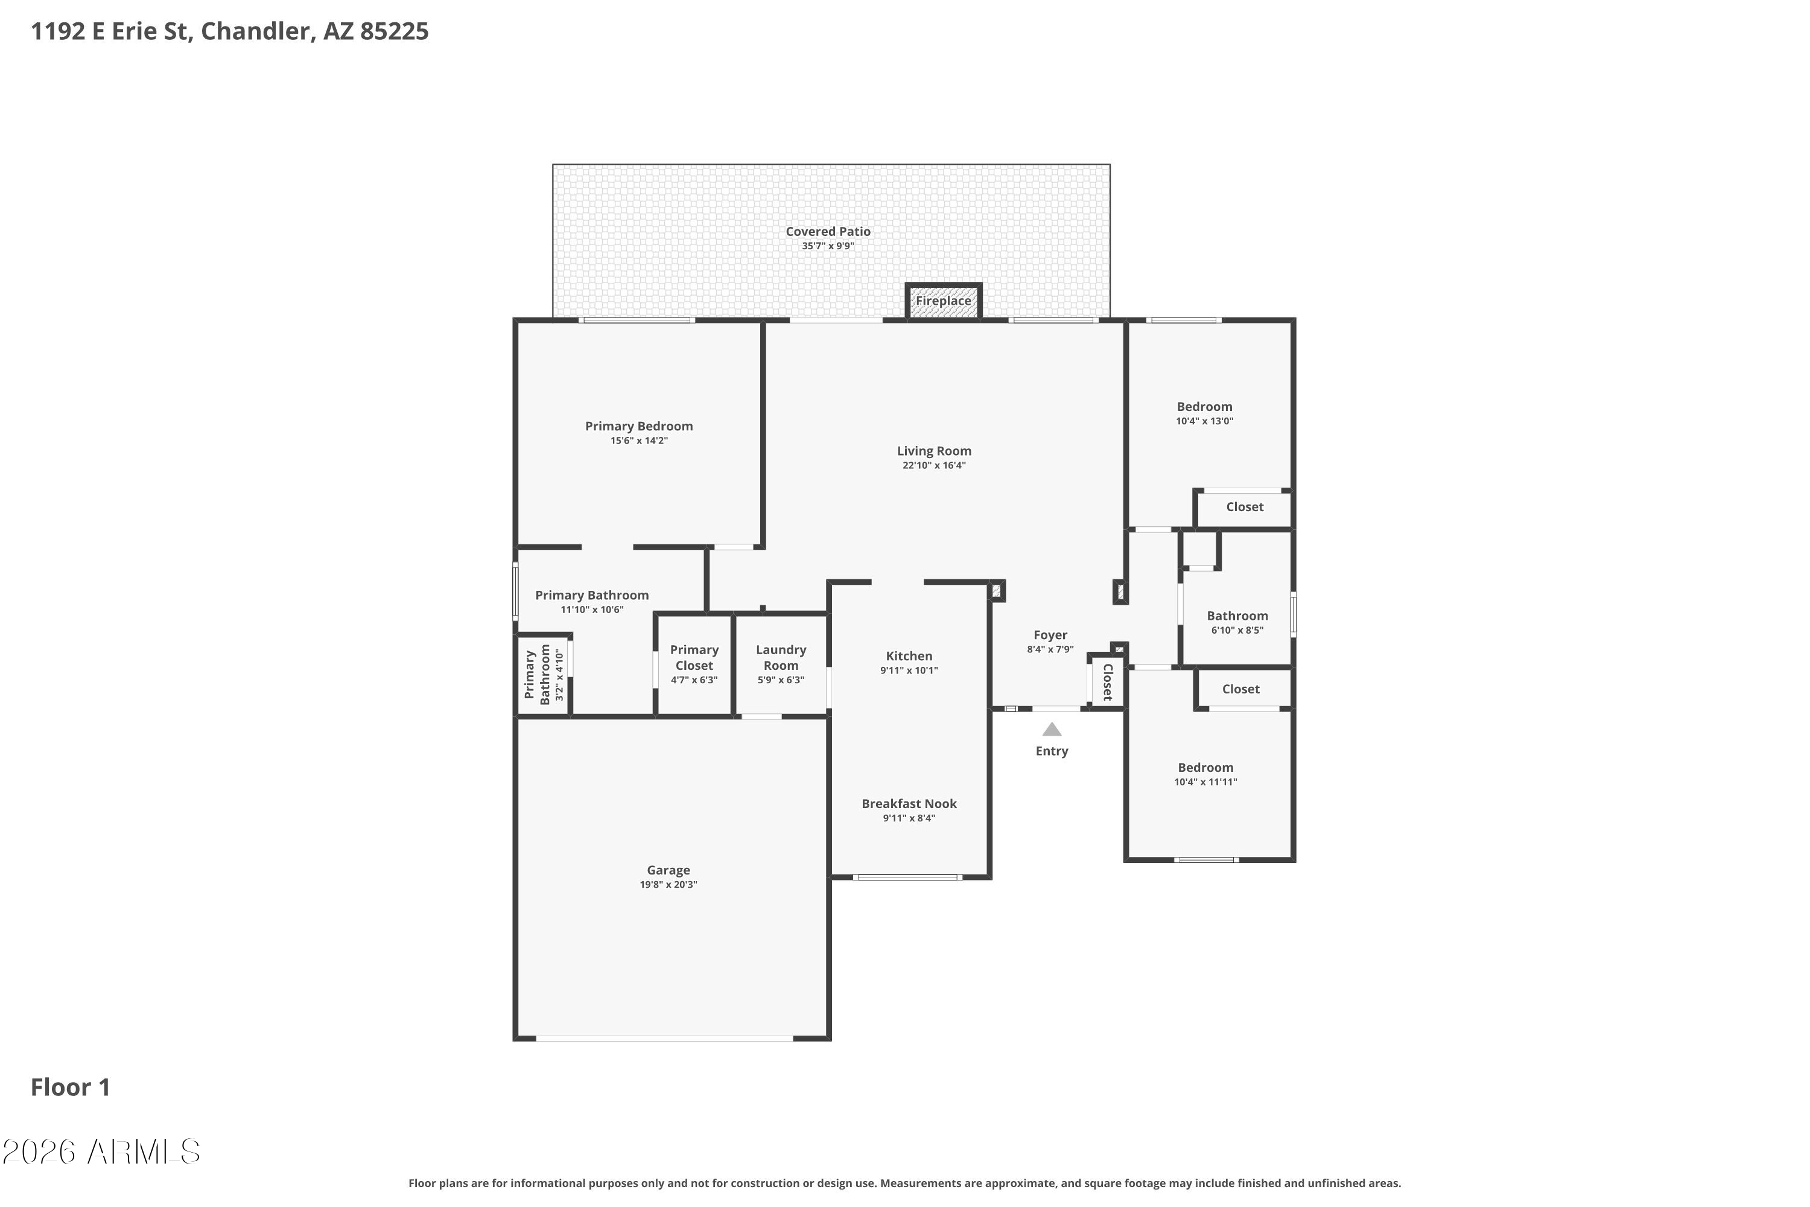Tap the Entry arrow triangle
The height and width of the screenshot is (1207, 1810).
tap(1052, 729)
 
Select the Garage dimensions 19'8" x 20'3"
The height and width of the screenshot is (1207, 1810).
tap(668, 885)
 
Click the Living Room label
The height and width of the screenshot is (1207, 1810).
tap(934, 451)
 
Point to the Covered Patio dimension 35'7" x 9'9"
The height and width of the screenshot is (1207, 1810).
tap(828, 246)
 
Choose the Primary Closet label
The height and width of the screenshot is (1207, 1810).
tap(694, 657)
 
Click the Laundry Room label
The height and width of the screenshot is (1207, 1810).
tap(781, 657)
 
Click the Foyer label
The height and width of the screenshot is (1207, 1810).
tap(1050, 635)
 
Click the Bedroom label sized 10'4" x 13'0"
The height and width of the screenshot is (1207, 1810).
tap(1204, 406)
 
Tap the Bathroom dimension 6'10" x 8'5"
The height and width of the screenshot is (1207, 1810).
tap(1237, 631)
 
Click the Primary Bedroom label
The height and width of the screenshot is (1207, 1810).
tap(639, 427)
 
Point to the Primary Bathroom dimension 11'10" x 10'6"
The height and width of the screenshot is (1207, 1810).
tap(592, 610)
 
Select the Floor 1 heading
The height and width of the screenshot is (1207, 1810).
tap(70, 1087)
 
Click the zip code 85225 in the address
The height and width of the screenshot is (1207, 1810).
tap(394, 31)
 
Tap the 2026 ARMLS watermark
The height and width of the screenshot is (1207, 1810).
tap(101, 1152)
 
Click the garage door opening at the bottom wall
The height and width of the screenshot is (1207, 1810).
tap(664, 1039)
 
